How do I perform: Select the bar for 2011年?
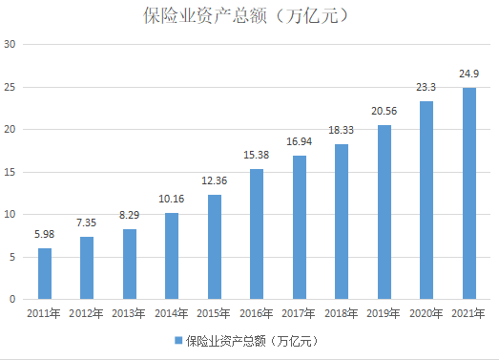(45, 274)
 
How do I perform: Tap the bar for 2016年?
(257, 234)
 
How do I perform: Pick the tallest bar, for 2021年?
(468, 194)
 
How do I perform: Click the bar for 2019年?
(384, 212)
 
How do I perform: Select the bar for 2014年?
(172, 256)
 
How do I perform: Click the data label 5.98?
(45, 234)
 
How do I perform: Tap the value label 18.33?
(342, 129)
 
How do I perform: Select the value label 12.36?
(215, 180)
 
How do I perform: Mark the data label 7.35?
(88, 222)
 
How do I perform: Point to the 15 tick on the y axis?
(10, 172)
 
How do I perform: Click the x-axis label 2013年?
(130, 313)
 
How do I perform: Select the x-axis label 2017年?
(299, 313)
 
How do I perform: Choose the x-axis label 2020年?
(426, 313)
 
